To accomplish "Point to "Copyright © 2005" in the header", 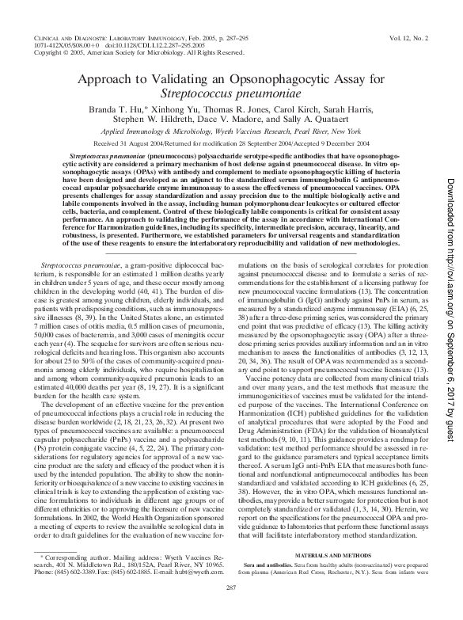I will (x=59, y=52).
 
